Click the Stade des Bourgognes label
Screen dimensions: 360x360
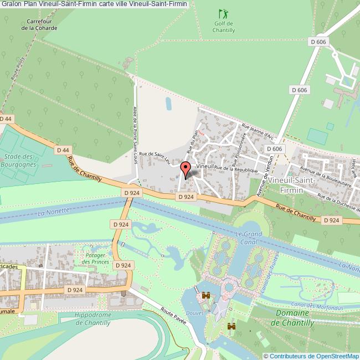tap(18, 161)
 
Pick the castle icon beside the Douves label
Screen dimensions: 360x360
tap(206, 296)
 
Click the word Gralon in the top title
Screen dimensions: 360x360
tap(11, 4)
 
